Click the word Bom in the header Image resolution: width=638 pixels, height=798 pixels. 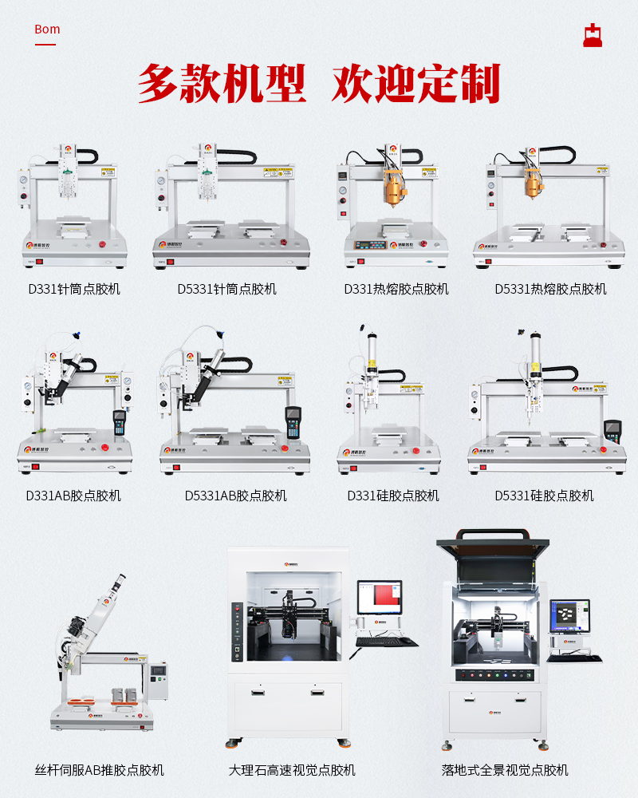[x=47, y=30]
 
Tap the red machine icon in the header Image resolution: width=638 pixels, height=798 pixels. [x=592, y=35]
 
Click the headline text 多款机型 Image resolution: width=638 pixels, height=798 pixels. [x=222, y=83]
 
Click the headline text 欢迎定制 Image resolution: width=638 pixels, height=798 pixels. [x=415, y=83]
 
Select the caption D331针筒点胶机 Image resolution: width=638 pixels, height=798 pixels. [x=73, y=289]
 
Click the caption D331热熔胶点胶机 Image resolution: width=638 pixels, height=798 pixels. [x=396, y=289]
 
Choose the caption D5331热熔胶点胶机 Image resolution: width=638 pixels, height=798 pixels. [x=550, y=289]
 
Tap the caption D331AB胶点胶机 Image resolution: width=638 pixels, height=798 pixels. [x=73, y=496]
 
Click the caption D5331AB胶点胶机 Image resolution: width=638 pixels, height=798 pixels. [x=235, y=496]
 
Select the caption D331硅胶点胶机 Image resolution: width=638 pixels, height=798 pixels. [x=393, y=496]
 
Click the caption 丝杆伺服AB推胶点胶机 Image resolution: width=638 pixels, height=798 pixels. [x=100, y=770]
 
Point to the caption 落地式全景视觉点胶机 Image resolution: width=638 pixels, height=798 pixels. [x=505, y=770]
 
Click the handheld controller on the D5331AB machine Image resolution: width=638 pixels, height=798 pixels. [x=293, y=421]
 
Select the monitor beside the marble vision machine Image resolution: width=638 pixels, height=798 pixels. [x=379, y=600]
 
